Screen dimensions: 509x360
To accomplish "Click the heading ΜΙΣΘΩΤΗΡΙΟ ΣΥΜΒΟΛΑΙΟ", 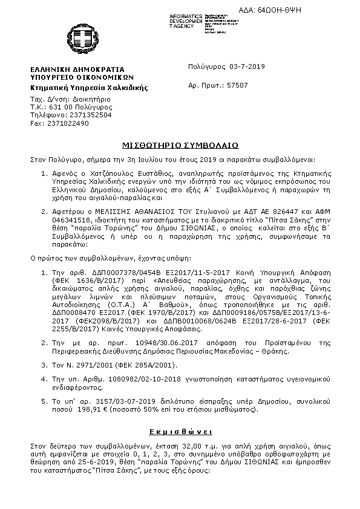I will click(x=180, y=146).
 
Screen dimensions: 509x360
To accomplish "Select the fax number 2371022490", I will click(x=68, y=123).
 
